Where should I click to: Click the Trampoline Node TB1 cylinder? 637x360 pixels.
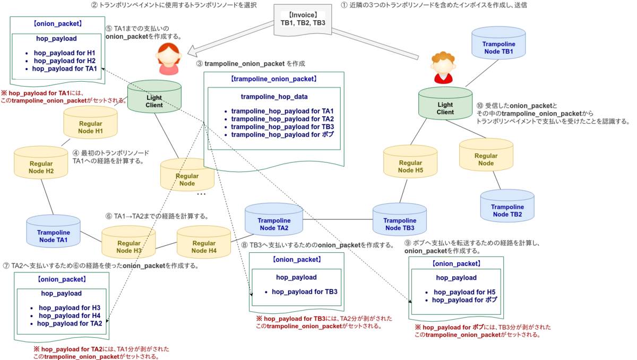coord(498,47)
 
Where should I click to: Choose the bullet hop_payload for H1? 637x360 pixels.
coord(64,53)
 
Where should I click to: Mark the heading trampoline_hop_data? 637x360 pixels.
coord(274,97)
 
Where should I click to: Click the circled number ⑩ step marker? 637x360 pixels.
coord(480,105)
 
